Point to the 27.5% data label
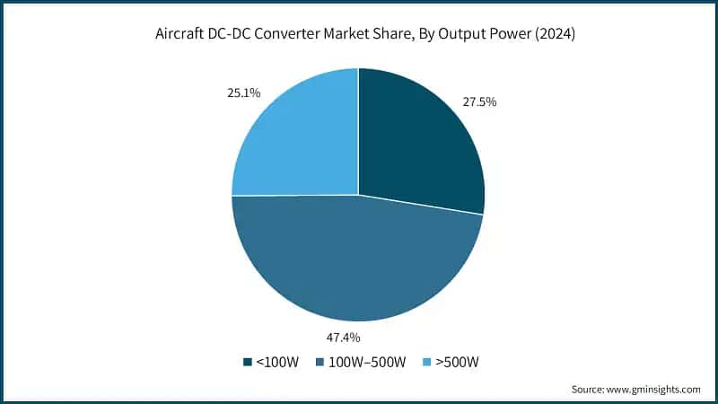pyautogui.click(x=478, y=102)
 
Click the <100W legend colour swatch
pyautogui.click(x=248, y=362)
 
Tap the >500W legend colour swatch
pyautogui.click(x=428, y=362)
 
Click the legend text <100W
pyautogui.click(x=277, y=362)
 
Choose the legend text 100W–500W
pyautogui.click(x=369, y=362)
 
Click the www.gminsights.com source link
pyautogui.click(x=653, y=390)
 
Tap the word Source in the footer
pyautogui.click(x=589, y=390)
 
